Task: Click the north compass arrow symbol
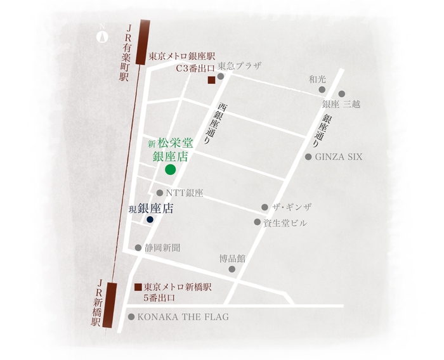click(x=100, y=36)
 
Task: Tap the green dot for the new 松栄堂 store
click(x=170, y=169)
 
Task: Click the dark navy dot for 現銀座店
click(x=150, y=219)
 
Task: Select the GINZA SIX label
click(x=339, y=157)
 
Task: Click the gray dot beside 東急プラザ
click(x=221, y=77)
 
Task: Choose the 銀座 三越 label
click(x=341, y=104)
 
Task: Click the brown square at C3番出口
click(x=211, y=80)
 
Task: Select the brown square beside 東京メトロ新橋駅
click(x=138, y=286)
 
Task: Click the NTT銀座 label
click(x=184, y=193)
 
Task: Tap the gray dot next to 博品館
click(x=232, y=269)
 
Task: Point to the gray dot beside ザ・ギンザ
click(x=264, y=207)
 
